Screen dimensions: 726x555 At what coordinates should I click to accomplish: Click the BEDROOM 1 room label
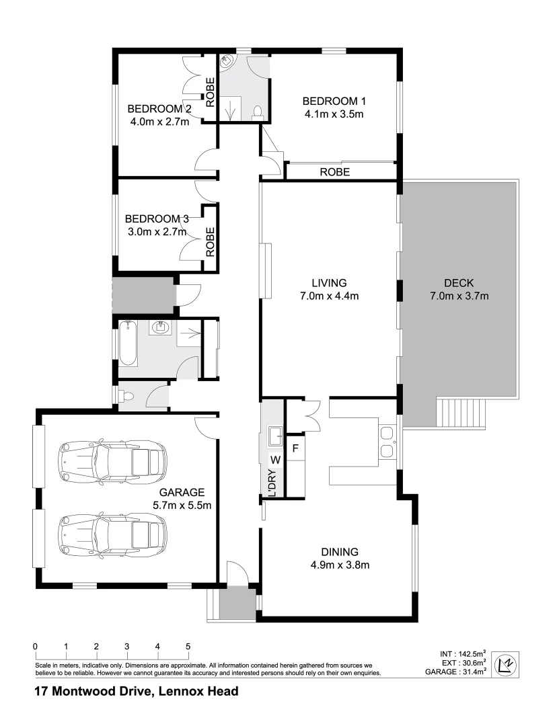[x=334, y=101]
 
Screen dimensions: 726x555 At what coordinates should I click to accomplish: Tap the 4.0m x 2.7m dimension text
[x=159, y=122]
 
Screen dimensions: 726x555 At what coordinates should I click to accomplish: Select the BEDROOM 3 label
[x=157, y=219]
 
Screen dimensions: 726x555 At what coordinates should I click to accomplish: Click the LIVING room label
[x=328, y=282]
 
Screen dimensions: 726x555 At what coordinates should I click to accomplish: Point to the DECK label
[x=458, y=282]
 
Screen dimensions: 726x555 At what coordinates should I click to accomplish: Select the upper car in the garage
[x=113, y=460]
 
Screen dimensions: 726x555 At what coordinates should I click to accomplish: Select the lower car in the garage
[x=113, y=534]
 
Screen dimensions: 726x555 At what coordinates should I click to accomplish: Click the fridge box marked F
[x=295, y=446]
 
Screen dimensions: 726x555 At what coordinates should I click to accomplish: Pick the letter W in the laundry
[x=274, y=460]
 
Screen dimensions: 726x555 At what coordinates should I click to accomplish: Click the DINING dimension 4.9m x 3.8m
[x=340, y=565]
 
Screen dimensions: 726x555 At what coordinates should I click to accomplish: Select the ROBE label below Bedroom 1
[x=334, y=172]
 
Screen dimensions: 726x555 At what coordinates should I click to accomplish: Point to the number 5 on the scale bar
[x=188, y=647]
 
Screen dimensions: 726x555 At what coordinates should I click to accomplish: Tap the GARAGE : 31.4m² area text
[x=455, y=672]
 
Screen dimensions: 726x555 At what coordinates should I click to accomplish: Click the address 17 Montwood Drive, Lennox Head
[x=137, y=691]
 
